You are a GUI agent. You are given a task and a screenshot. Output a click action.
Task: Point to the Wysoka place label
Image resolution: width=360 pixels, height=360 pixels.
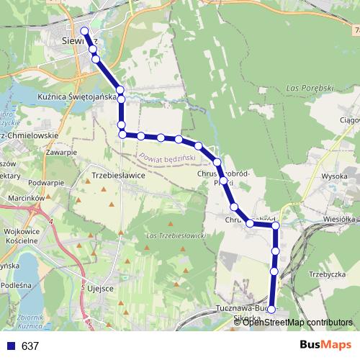(335, 176)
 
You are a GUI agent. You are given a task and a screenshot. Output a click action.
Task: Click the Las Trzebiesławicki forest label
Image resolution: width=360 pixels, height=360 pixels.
(176, 236)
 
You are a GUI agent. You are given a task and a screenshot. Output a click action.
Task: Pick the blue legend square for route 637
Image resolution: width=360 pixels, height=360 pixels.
(11, 346)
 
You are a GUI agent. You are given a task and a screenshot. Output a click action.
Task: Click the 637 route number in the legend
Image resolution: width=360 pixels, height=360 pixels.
(30, 346)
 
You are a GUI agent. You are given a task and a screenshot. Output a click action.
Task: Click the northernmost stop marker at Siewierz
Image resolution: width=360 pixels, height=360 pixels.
(85, 31)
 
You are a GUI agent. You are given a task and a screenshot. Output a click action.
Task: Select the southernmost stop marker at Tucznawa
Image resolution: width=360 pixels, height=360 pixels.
(271, 309)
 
